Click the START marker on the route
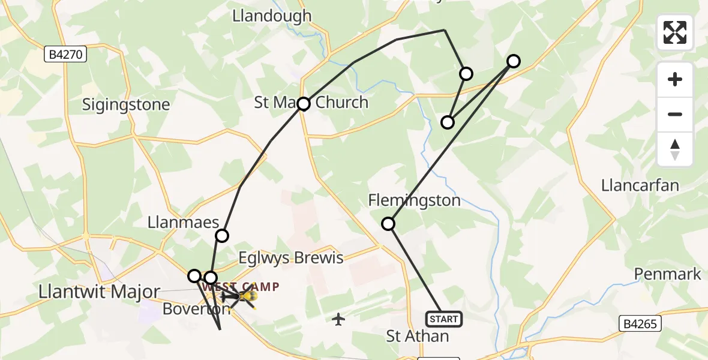(x=443, y=319)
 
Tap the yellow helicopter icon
(x=247, y=296)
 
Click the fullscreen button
(x=675, y=32)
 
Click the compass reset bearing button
(x=675, y=149)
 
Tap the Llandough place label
(x=272, y=16)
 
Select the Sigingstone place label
(x=126, y=105)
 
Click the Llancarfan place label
(x=640, y=185)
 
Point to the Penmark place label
(x=668, y=274)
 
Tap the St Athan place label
(x=418, y=336)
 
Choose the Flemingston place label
(x=415, y=200)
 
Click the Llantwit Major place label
(x=99, y=292)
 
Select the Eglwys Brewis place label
(x=291, y=258)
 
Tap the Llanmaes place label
(x=183, y=223)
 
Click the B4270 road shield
(x=67, y=55)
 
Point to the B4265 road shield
(x=640, y=324)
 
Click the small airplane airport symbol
(x=339, y=319)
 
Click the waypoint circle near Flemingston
(x=388, y=224)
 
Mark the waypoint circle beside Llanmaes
(x=222, y=235)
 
